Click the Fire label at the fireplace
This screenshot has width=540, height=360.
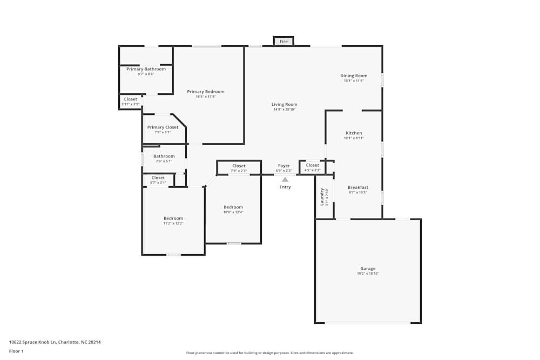point(283,42)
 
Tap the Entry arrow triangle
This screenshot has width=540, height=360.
point(285,180)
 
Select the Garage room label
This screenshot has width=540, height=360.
point(368,268)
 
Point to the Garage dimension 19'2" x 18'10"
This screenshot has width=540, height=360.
point(368,274)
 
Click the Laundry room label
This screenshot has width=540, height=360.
point(322,196)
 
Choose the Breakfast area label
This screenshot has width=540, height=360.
point(357,187)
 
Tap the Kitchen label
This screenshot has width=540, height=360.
point(354,133)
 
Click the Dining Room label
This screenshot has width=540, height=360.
point(354,76)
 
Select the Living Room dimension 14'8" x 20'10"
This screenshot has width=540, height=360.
point(284,110)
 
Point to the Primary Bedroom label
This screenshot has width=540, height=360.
point(206,92)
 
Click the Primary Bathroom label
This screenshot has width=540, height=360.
point(146,69)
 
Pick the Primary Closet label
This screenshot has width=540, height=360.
point(163,127)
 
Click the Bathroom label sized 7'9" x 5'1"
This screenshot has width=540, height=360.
point(164,157)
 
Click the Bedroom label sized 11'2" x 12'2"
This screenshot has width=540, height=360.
point(173,218)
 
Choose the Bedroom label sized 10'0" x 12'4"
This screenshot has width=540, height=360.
point(233,207)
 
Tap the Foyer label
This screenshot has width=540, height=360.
point(284,166)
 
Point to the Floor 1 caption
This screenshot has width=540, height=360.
point(16,351)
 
